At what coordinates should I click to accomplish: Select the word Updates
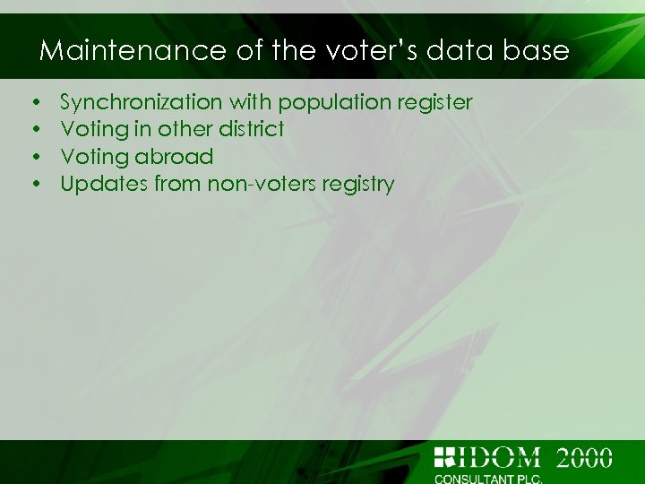point(104,185)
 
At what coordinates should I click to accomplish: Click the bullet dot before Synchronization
point(32,103)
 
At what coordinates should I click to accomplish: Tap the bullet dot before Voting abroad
point(32,158)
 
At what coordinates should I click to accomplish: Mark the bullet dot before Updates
point(32,186)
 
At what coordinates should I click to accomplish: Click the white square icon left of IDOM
point(444,457)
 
